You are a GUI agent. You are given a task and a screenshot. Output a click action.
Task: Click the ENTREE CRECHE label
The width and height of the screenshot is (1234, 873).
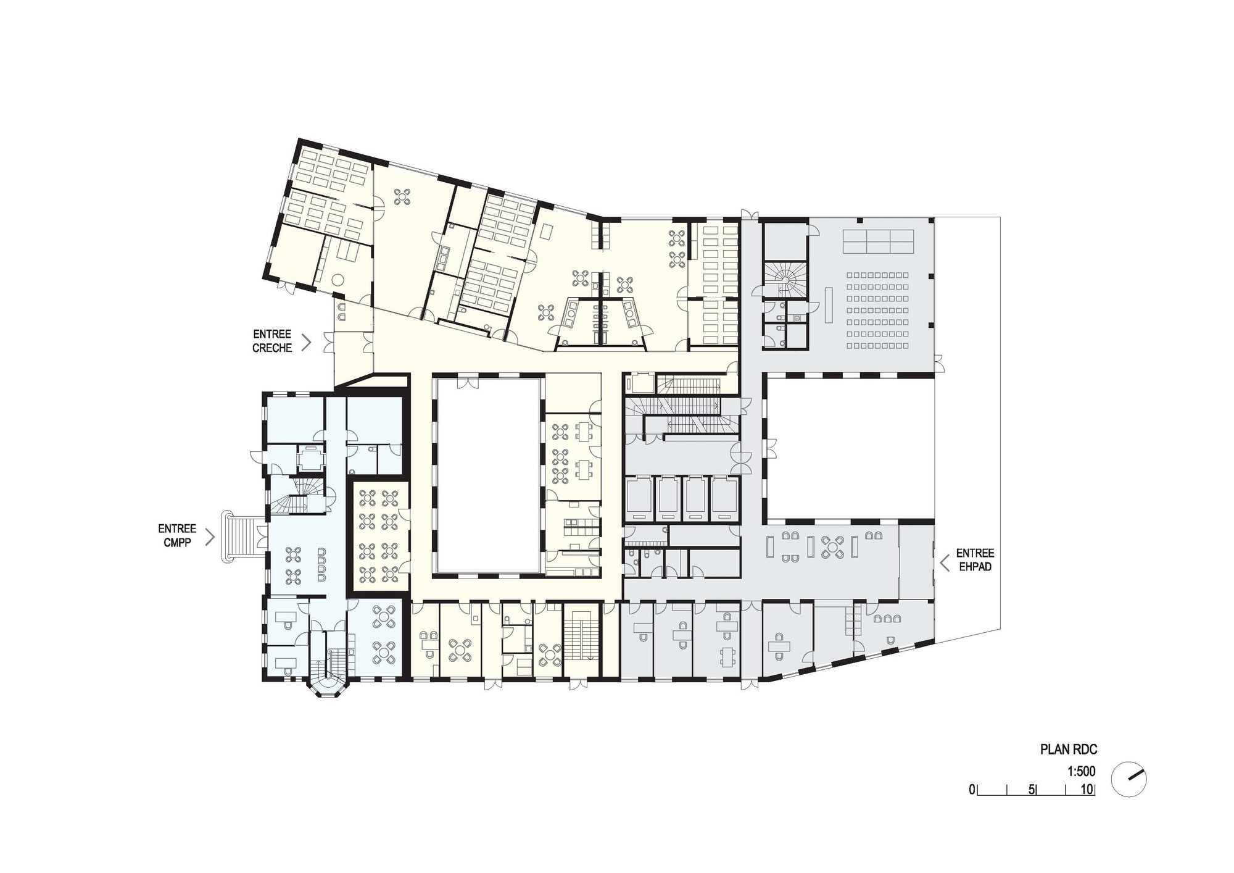272,341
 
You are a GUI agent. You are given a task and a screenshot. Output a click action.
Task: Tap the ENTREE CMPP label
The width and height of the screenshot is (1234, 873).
177,536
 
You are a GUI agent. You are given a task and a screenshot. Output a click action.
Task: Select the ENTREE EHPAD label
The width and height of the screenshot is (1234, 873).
975,560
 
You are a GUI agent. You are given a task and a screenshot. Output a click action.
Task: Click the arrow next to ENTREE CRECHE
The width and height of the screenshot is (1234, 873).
307,342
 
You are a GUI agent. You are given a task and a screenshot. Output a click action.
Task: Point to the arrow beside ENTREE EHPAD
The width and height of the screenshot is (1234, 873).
944,562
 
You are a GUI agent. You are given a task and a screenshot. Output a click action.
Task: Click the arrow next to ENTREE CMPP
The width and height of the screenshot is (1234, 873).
210,537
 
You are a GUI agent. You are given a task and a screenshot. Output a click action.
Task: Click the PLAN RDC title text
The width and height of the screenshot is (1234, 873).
1069,750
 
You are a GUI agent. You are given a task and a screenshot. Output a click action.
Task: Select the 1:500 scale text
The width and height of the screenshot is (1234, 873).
1081,772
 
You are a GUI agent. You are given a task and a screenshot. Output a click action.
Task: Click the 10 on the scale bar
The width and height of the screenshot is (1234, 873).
1087,790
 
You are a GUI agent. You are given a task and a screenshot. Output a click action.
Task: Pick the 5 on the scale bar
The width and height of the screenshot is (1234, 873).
1032,790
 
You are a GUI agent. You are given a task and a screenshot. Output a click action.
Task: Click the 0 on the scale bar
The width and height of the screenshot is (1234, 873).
972,790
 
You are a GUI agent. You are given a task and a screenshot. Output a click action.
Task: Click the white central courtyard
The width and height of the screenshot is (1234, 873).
488,475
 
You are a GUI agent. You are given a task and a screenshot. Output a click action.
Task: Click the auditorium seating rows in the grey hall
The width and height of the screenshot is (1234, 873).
877,310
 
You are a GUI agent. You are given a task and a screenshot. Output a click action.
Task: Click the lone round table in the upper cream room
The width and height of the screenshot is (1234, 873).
403,196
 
